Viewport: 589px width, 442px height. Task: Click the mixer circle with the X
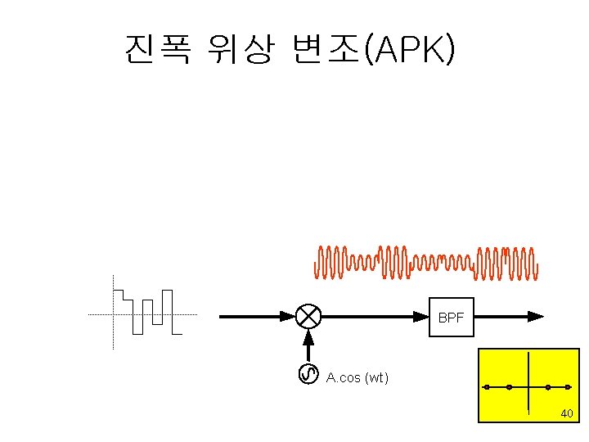pyautogui.click(x=308, y=316)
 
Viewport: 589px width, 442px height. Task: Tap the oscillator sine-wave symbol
pyautogui.click(x=308, y=374)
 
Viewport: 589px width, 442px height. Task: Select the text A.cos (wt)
pyautogui.click(x=357, y=377)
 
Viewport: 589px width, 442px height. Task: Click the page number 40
pyautogui.click(x=566, y=414)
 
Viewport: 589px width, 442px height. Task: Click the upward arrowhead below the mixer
pyautogui.click(x=308, y=337)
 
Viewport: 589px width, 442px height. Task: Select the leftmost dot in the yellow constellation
pyautogui.click(x=487, y=386)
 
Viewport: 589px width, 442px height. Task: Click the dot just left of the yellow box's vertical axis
pyautogui.click(x=509, y=386)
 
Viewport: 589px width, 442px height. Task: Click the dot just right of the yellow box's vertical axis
pyautogui.click(x=547, y=386)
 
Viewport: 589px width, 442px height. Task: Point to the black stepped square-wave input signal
pyautogui.click(x=147, y=312)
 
